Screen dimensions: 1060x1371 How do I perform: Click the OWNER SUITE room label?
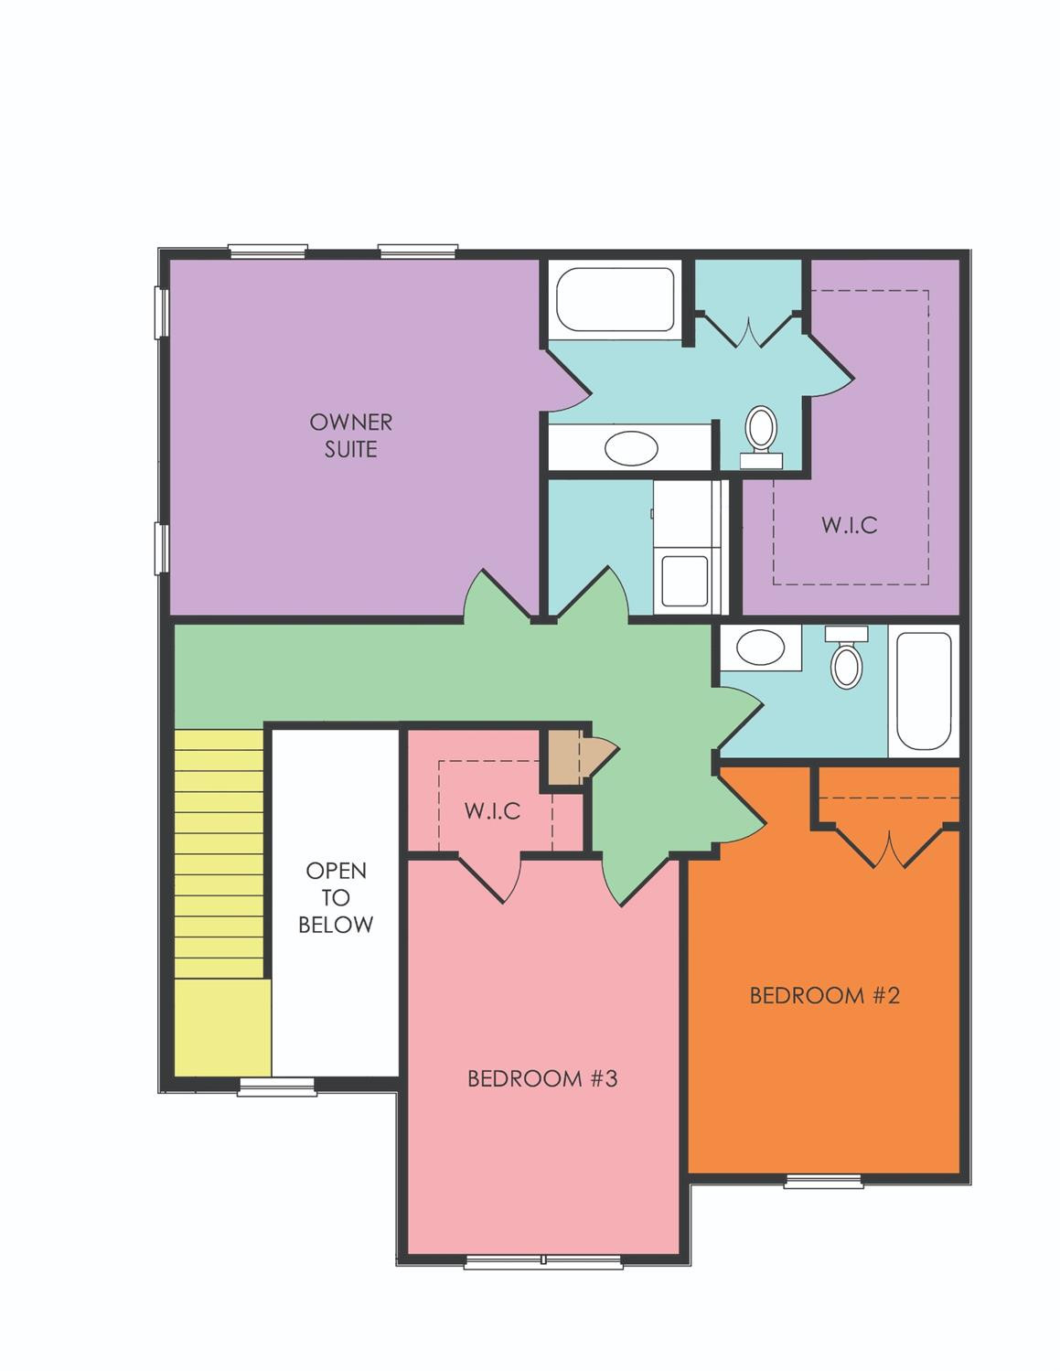point(351,435)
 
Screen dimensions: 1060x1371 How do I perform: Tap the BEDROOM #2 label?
point(824,995)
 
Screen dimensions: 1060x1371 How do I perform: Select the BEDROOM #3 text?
point(542,1096)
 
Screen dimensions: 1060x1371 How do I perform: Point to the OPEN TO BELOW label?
point(336,897)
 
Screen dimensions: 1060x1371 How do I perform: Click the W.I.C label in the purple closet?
point(850,525)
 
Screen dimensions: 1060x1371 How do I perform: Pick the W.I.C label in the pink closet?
point(493,810)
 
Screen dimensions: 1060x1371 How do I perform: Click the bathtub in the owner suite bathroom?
point(616,300)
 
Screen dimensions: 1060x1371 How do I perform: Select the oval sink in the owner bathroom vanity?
point(631,447)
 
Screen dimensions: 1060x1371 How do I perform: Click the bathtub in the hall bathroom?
point(924,691)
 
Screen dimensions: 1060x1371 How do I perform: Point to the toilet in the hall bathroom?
point(846,657)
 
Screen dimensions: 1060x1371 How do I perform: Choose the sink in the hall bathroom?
point(760,648)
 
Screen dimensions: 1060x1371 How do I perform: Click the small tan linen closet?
point(564,757)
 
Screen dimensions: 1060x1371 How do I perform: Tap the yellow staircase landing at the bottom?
point(223,1027)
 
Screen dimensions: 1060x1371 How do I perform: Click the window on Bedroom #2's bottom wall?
point(823,1181)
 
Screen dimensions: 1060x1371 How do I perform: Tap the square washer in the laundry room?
point(684,581)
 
